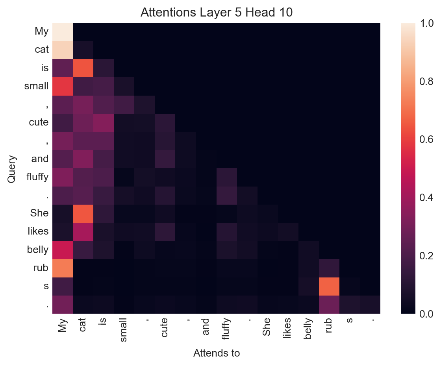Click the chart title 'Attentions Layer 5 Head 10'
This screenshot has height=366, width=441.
coord(217,12)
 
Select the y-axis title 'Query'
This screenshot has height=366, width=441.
coord(12,168)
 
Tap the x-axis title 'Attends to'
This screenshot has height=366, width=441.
coord(217,353)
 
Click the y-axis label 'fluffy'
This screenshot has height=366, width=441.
coord(37,177)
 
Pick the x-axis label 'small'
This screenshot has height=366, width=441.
coord(124,330)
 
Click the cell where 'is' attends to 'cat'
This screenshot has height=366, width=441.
coord(83,68)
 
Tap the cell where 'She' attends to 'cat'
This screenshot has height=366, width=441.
coord(83,214)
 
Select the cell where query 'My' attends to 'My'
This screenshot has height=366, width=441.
coord(62,32)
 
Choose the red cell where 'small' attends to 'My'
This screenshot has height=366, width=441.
coord(62,86)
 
